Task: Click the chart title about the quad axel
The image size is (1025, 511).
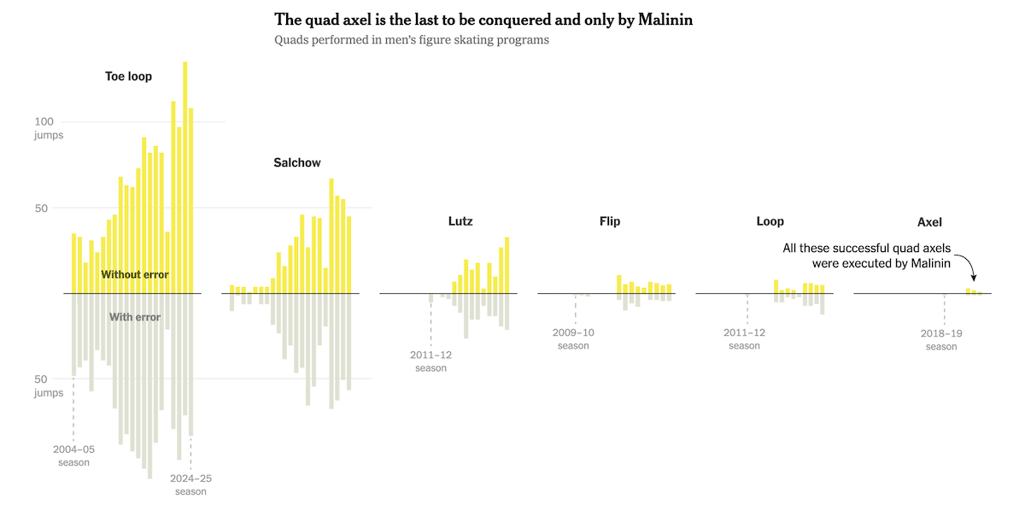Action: [x=483, y=20]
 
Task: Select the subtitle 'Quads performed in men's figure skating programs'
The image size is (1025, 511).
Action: [x=412, y=40]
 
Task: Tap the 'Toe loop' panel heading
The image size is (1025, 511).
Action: [x=128, y=76]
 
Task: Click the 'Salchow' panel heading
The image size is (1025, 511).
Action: [x=297, y=162]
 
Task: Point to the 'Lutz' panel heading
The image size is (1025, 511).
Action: [x=460, y=221]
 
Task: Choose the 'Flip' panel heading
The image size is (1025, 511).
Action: [x=610, y=221]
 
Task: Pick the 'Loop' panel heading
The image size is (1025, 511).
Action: [x=770, y=221]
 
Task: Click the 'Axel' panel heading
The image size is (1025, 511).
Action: [x=929, y=222]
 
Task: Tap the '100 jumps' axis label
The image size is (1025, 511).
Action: [x=50, y=127]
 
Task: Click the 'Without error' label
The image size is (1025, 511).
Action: [x=135, y=274]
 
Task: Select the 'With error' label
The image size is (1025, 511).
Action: [x=135, y=317]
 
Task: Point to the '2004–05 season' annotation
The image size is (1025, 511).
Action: [x=73, y=455]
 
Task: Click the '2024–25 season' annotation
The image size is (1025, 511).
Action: [x=190, y=485]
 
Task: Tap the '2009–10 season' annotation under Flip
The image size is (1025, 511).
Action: [x=573, y=338]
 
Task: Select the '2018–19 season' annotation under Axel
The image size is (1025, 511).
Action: [x=941, y=339]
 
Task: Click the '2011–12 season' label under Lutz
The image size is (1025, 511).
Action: [x=430, y=361]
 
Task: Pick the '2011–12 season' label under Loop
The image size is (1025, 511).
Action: [x=744, y=338]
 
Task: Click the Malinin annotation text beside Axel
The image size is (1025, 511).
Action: [x=866, y=255]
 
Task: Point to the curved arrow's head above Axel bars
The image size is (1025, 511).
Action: [x=974, y=279]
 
